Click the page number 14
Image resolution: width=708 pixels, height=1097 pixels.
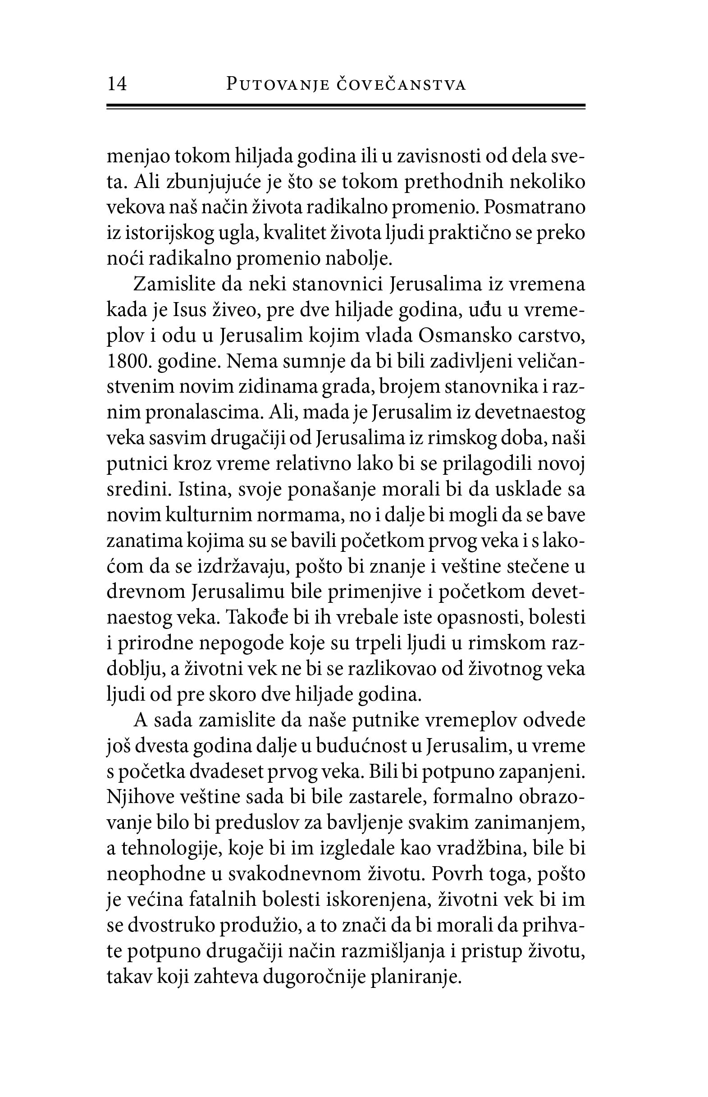point(117,85)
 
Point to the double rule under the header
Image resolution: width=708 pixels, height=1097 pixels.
point(346,107)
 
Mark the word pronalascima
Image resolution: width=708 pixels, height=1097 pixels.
point(204,413)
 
